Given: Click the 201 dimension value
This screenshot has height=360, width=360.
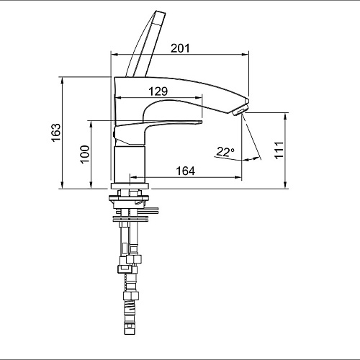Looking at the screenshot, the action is click(x=180, y=48).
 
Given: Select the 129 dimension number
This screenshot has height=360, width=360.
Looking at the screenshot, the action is click(x=158, y=91).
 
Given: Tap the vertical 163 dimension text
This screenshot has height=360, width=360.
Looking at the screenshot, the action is click(x=56, y=132).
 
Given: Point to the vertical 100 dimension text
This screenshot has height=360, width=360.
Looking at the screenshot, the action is click(x=85, y=154).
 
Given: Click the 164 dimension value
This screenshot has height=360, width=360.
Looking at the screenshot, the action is click(x=185, y=171).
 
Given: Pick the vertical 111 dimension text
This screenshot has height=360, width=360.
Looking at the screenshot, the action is click(x=279, y=150).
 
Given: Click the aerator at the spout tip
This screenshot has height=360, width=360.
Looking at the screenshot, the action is click(x=239, y=110).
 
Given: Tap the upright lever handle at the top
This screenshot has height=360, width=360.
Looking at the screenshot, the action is click(x=145, y=44).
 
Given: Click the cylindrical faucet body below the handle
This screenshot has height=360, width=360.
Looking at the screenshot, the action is click(x=130, y=164).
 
